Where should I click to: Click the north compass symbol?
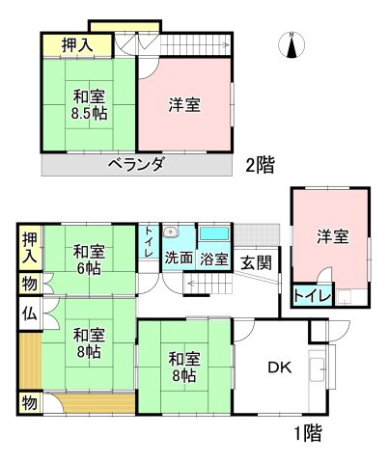(x=292, y=43)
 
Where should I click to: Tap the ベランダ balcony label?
(x=134, y=164)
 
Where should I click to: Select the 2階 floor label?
(x=258, y=165)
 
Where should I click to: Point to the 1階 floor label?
(x=305, y=432)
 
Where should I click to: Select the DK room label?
(x=279, y=367)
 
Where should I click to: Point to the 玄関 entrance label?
(x=255, y=262)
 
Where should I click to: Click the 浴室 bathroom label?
(x=213, y=259)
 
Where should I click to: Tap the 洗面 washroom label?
(x=179, y=259)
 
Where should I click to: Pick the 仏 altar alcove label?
(x=29, y=313)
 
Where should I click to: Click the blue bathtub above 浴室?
(x=213, y=234)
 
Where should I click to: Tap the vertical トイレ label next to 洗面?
(x=148, y=241)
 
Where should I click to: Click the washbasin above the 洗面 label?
(x=171, y=231)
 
